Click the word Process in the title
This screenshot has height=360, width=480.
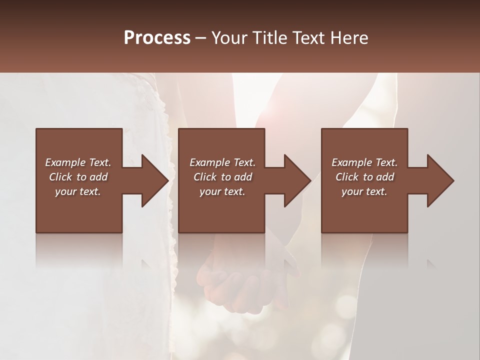pyautogui.click(x=157, y=38)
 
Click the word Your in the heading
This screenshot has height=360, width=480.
pyautogui.click(x=230, y=38)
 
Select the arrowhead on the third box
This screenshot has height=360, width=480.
pyautogui.click(x=439, y=180)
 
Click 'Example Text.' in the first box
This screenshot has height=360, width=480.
pyautogui.click(x=78, y=162)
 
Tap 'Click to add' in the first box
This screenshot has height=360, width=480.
pyautogui.click(x=78, y=177)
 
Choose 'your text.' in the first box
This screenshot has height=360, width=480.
pyautogui.click(x=78, y=191)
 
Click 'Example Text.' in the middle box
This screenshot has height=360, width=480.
pyautogui.click(x=222, y=162)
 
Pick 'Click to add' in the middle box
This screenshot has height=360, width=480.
pyautogui.click(x=222, y=177)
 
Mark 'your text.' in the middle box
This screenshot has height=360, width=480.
pyautogui.click(x=222, y=191)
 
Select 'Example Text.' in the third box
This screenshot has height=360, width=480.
pyautogui.click(x=364, y=162)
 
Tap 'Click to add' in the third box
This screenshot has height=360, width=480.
pyautogui.click(x=364, y=177)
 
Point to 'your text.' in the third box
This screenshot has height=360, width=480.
pyautogui.click(x=364, y=191)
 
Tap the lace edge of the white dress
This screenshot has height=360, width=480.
pyautogui.click(x=172, y=270)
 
